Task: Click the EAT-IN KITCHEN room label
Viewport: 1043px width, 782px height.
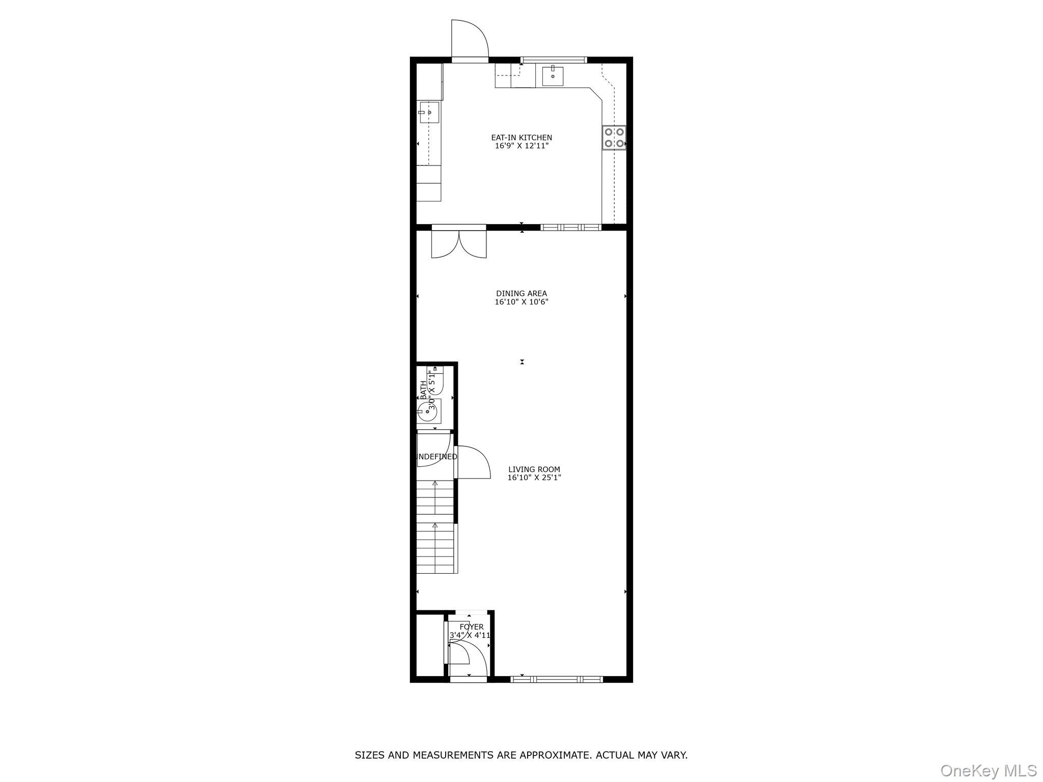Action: [521, 137]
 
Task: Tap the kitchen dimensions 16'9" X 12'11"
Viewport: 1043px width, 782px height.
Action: [521, 146]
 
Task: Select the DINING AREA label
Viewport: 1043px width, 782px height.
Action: [521, 293]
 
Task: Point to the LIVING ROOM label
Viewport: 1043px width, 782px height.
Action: [534, 469]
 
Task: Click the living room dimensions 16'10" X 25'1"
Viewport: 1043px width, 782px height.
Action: [534, 478]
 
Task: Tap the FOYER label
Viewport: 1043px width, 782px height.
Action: [472, 627]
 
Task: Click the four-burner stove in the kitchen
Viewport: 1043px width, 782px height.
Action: [614, 137]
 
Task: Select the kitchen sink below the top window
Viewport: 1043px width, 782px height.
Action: [553, 76]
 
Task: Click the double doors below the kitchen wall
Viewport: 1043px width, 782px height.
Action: [459, 244]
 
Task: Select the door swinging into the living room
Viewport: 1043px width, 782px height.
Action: [473, 462]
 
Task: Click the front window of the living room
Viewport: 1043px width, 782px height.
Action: [556, 679]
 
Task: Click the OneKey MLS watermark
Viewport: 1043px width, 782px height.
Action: [989, 770]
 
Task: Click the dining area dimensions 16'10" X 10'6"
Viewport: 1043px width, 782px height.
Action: [521, 302]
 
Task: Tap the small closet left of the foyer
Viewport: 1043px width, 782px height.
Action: [429, 645]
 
